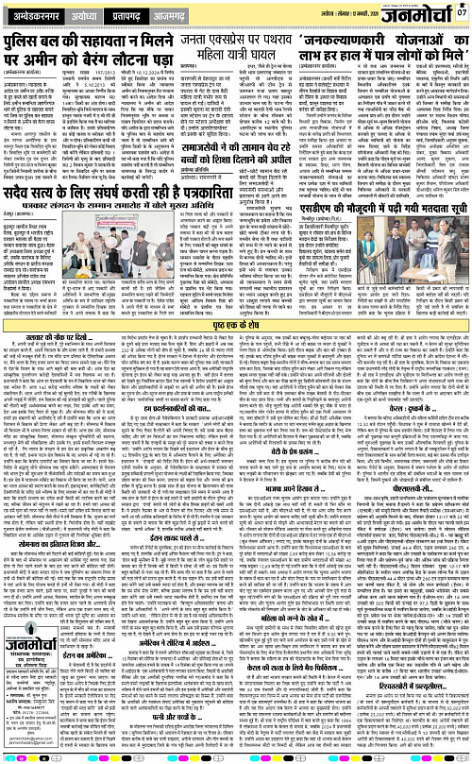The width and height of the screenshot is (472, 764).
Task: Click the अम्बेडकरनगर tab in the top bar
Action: point(34,15)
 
